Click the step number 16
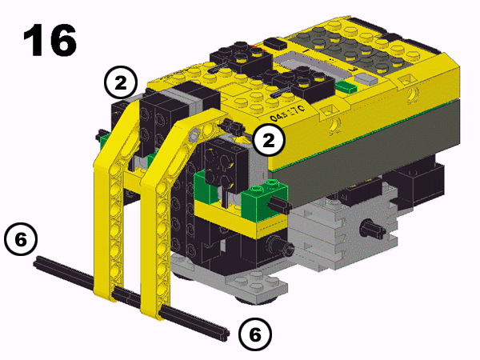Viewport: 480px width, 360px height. click(x=50, y=40)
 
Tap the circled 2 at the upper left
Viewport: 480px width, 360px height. click(x=121, y=82)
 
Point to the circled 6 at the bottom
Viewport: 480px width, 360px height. click(x=254, y=334)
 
